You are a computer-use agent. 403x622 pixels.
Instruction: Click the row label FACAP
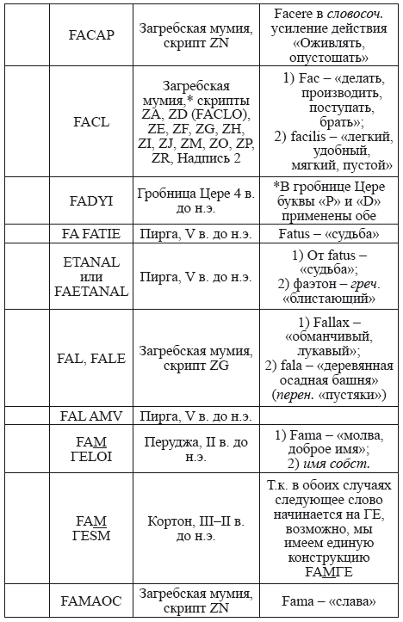(90, 39)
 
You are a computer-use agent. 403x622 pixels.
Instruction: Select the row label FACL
(90, 121)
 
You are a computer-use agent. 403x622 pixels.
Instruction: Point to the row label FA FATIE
(90, 233)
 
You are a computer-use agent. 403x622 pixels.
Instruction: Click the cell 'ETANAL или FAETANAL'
(90, 276)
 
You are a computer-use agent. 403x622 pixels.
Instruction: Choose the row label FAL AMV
(90, 416)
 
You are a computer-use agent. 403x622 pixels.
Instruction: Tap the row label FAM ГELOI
(90, 448)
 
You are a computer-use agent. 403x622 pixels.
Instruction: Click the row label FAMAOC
(90, 601)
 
